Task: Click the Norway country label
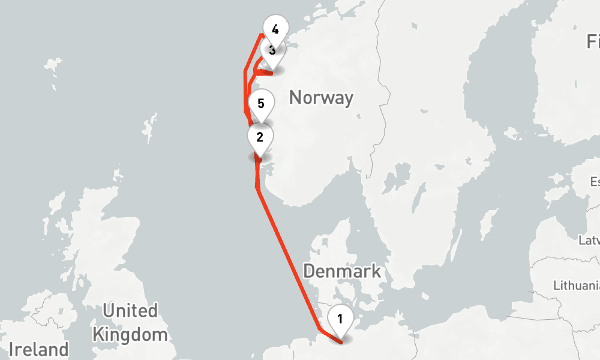coord(320,97)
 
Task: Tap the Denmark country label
coord(341,271)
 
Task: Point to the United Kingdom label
coord(130,322)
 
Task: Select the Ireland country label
coord(39,349)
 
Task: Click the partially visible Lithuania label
coord(576,284)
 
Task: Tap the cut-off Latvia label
coord(589,241)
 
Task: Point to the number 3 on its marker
coord(272,50)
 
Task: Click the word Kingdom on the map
coord(130,334)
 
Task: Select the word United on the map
coord(130,311)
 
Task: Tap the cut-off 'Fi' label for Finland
coord(593,41)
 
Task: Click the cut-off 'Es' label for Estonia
coord(594,181)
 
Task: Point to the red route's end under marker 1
coord(341,342)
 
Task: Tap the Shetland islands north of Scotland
coord(147,127)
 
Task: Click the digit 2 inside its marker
coord(260,137)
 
